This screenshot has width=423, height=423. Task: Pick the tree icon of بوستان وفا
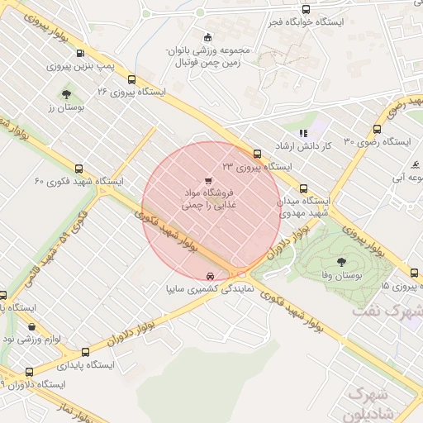click(343, 259)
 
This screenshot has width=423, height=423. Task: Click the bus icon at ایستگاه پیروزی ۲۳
click(258, 154)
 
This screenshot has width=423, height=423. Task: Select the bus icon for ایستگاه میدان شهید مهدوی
click(304, 188)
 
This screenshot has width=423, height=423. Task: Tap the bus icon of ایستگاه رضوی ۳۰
click(378, 130)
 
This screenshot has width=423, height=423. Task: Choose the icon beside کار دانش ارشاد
click(304, 132)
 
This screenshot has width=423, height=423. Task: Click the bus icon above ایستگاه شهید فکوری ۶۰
click(78, 167)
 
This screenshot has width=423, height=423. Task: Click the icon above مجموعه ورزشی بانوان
click(207, 36)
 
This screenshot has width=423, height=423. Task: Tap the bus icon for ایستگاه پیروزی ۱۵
click(414, 273)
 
